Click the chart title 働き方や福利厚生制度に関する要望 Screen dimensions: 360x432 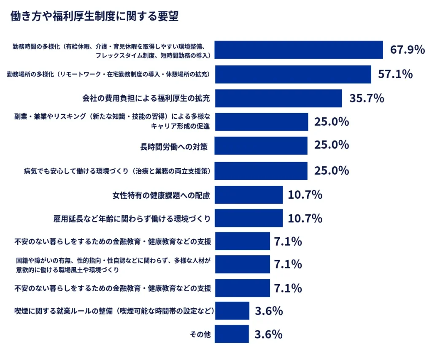[x=94, y=16]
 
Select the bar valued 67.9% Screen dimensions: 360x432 [x=298, y=50]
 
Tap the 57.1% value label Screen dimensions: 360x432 [x=395, y=74]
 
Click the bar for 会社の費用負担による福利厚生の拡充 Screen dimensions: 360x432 [x=278, y=98]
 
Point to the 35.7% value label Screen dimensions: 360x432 [x=367, y=98]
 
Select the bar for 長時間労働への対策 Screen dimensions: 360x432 [x=261, y=146]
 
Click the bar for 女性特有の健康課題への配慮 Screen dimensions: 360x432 [x=248, y=195]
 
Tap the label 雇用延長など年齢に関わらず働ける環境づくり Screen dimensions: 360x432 [x=132, y=219]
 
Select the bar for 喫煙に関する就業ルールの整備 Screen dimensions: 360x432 [x=232, y=311]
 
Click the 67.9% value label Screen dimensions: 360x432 [x=407, y=49]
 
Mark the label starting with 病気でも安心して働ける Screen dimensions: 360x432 [x=117, y=171]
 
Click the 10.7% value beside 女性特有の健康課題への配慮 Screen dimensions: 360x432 [x=305, y=195]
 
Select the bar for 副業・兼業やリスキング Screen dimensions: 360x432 [x=261, y=122]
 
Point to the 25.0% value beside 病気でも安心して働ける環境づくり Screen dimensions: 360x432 [x=332, y=171]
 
